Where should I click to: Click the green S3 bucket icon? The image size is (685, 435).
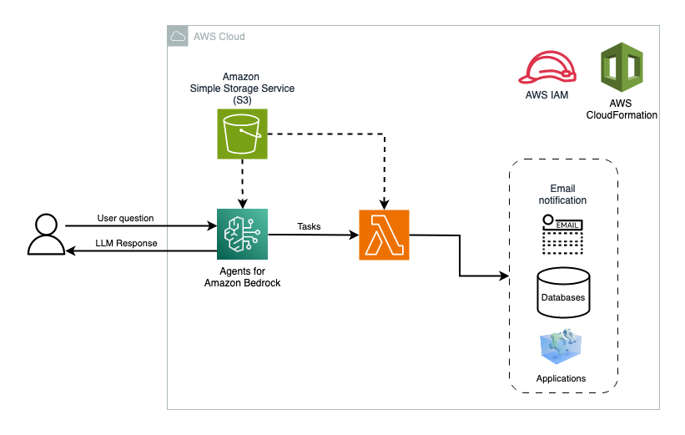tap(242, 133)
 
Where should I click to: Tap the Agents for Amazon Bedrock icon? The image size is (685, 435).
tap(242, 234)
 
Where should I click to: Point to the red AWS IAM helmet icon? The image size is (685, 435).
tap(546, 68)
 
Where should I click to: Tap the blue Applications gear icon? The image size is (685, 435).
tap(561, 349)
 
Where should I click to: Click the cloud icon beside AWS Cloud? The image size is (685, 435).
tap(177, 37)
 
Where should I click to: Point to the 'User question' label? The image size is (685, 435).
tap(125, 218)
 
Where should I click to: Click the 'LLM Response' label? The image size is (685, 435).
tap(126, 243)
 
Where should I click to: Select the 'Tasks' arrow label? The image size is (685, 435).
tap(309, 226)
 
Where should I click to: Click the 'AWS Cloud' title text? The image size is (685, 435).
tap(219, 37)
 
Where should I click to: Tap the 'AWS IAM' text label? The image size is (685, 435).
tap(546, 95)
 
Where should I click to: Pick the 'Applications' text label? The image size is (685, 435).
tap(561, 378)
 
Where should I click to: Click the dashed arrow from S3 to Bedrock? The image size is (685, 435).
tap(242, 181)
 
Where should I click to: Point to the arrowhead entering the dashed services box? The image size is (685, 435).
tap(504, 276)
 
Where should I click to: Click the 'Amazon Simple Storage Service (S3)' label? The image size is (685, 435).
tap(241, 88)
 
